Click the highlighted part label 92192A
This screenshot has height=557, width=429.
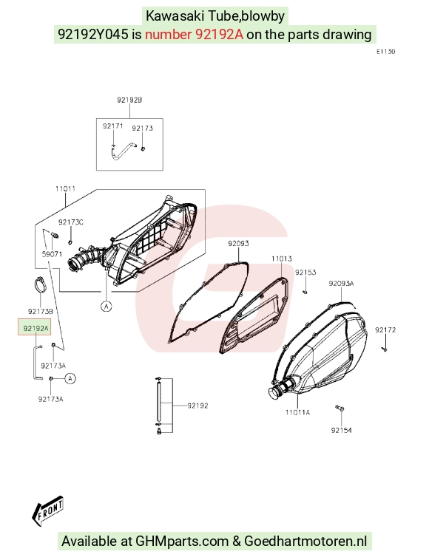click(35, 328)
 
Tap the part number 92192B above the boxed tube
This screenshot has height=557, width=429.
click(129, 100)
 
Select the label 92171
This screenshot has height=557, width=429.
click(112, 126)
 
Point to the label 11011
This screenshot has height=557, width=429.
click(65, 188)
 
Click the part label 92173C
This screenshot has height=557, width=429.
click(71, 222)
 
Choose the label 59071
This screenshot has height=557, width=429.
click(52, 254)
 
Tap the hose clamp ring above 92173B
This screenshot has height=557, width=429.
click(40, 284)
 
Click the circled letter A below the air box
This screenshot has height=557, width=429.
click(107, 306)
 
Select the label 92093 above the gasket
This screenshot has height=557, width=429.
click(238, 243)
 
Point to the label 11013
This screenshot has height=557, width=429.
click(282, 259)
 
